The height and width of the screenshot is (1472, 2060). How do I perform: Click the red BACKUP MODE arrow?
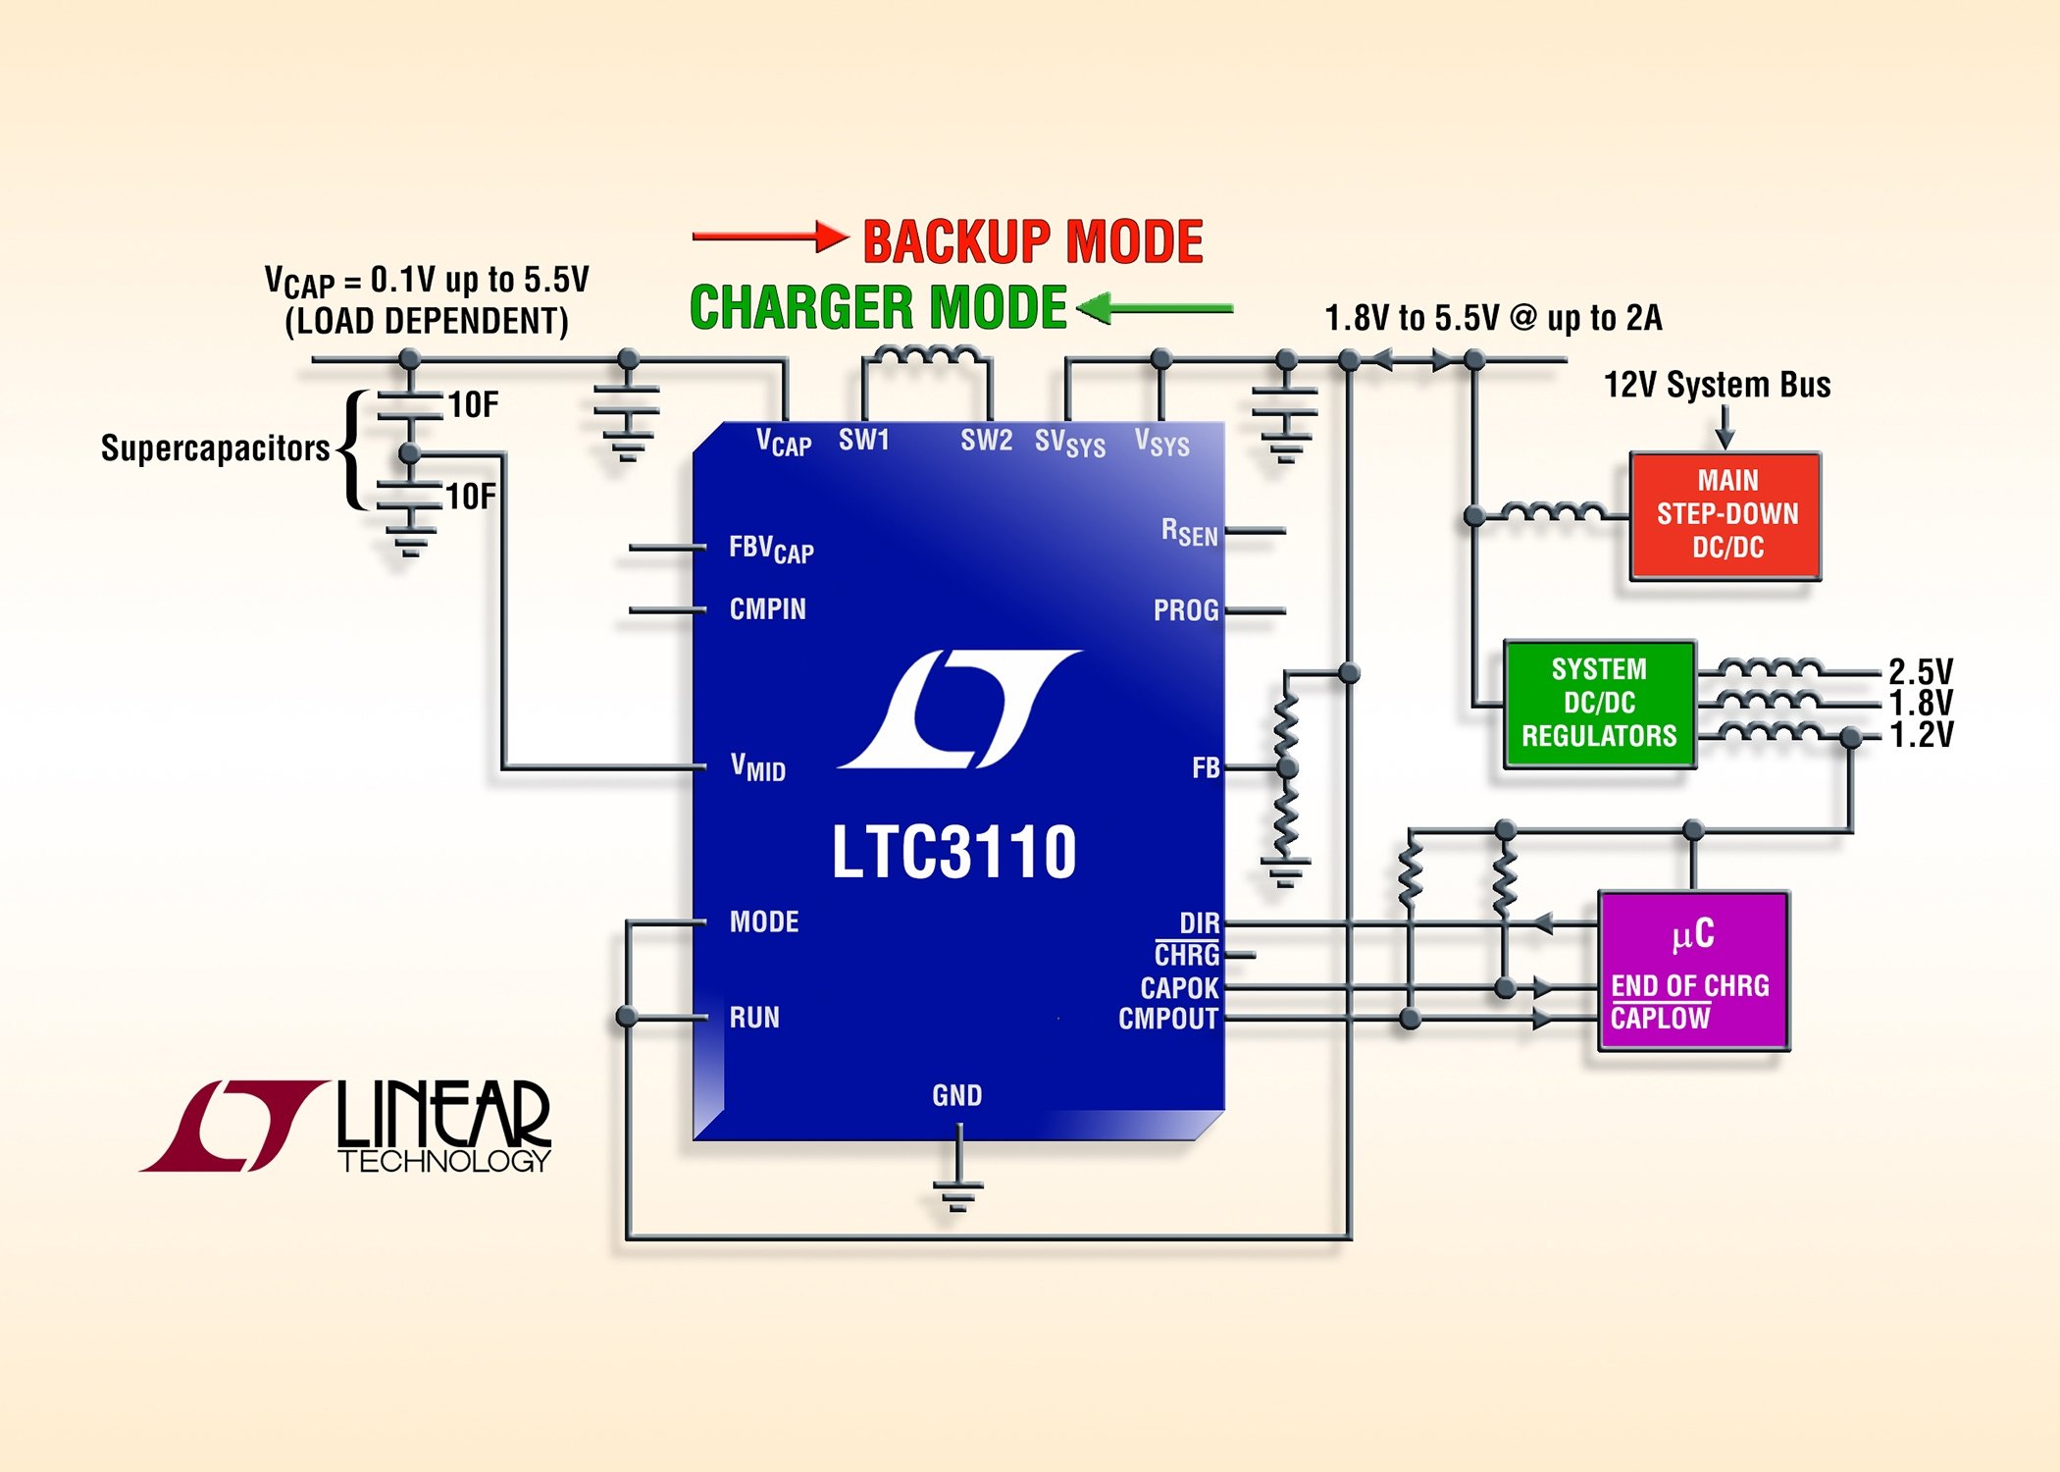point(769,237)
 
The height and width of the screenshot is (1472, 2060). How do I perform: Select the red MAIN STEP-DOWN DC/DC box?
point(1725,515)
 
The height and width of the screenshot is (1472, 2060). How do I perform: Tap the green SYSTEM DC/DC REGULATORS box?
point(1599,703)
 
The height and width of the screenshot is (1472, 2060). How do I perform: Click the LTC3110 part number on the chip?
point(953,852)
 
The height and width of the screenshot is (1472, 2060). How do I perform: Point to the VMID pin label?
point(758,766)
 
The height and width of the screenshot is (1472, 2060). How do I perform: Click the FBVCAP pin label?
point(771,549)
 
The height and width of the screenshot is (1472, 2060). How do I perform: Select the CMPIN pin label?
point(767,609)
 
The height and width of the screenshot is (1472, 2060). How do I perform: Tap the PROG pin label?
point(1186,610)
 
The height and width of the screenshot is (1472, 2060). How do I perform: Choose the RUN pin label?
point(754,1018)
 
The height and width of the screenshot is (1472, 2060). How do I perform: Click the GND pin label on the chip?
point(956,1095)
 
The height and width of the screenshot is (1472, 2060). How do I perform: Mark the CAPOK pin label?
point(1179,987)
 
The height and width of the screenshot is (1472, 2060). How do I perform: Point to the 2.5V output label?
point(1921,672)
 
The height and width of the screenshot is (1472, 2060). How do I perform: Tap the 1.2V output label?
point(1921,735)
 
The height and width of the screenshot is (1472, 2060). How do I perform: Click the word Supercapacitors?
point(215,448)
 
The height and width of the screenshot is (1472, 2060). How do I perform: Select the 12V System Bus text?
point(1717,385)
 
